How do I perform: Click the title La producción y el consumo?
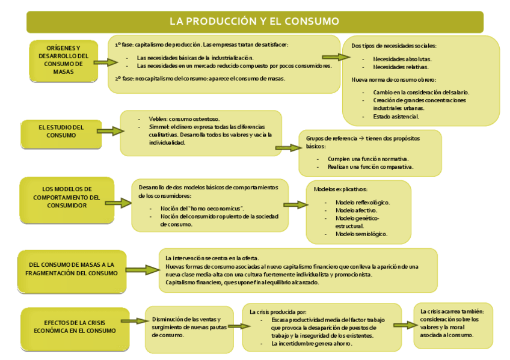pyautogui.click(x=254, y=22)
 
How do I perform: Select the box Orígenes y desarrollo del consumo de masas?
pyautogui.click(x=63, y=60)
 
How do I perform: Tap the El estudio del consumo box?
pyautogui.click(x=61, y=131)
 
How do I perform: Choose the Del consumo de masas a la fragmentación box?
pyautogui.click(x=72, y=268)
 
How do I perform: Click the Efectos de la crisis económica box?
pyautogui.click(x=75, y=326)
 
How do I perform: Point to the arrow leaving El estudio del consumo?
pyautogui.click(x=108, y=131)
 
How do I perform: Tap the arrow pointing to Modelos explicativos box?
pyautogui.click(x=295, y=204)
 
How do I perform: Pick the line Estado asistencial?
pyautogui.click(x=396, y=116)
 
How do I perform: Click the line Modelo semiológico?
pyautogui.click(x=361, y=234)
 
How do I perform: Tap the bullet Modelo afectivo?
pyautogui.click(x=356, y=210)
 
